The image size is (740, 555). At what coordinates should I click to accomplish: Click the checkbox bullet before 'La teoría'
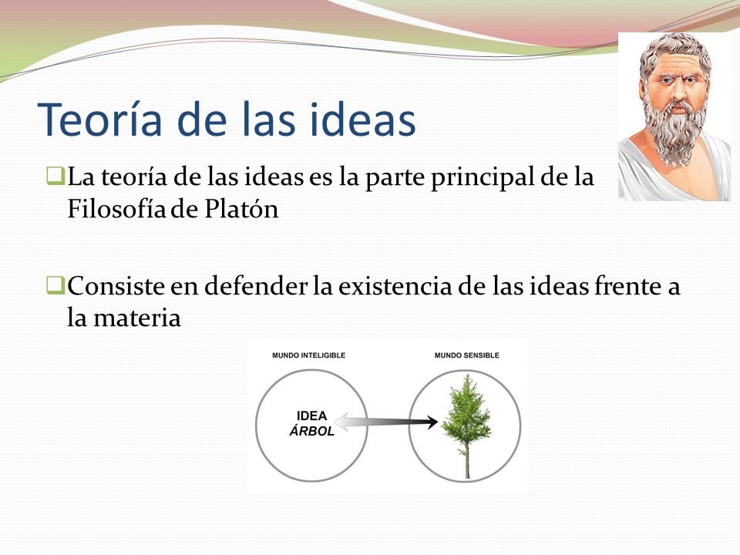(x=54, y=177)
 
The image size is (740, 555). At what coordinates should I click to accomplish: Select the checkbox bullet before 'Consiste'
(x=54, y=285)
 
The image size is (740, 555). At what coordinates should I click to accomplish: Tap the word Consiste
(x=114, y=287)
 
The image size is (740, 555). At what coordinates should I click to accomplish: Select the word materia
(x=135, y=318)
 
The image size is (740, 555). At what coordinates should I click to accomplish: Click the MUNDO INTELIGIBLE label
(x=308, y=355)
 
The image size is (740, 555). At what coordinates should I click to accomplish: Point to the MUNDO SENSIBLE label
(x=466, y=355)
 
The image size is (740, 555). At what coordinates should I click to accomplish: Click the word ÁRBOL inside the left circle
(x=311, y=432)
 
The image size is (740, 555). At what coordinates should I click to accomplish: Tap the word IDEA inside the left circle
(x=312, y=416)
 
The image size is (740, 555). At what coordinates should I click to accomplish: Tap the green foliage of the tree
(x=466, y=412)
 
